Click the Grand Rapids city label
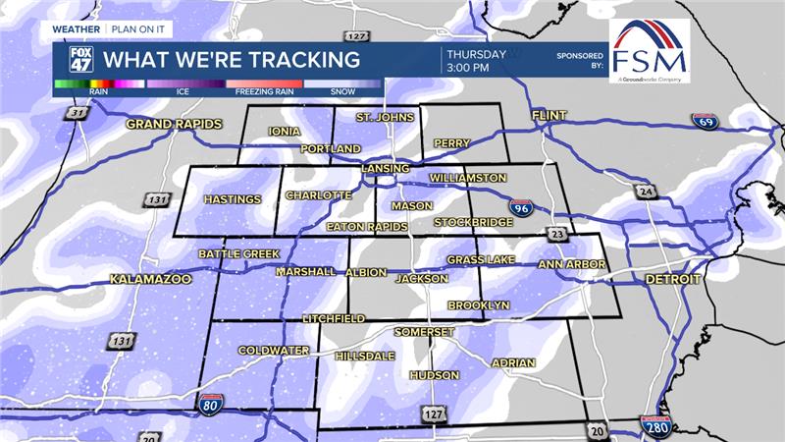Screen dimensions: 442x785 (x=175, y=125)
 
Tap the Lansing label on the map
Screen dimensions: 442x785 (x=384, y=169)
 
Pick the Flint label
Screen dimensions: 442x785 (x=549, y=116)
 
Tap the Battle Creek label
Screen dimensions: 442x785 (x=239, y=254)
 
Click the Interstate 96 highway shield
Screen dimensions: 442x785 (x=521, y=206)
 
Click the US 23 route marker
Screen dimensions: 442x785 (x=557, y=235)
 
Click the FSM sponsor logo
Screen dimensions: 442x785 (x=649, y=51)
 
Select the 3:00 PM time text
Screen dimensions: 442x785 (x=468, y=69)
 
